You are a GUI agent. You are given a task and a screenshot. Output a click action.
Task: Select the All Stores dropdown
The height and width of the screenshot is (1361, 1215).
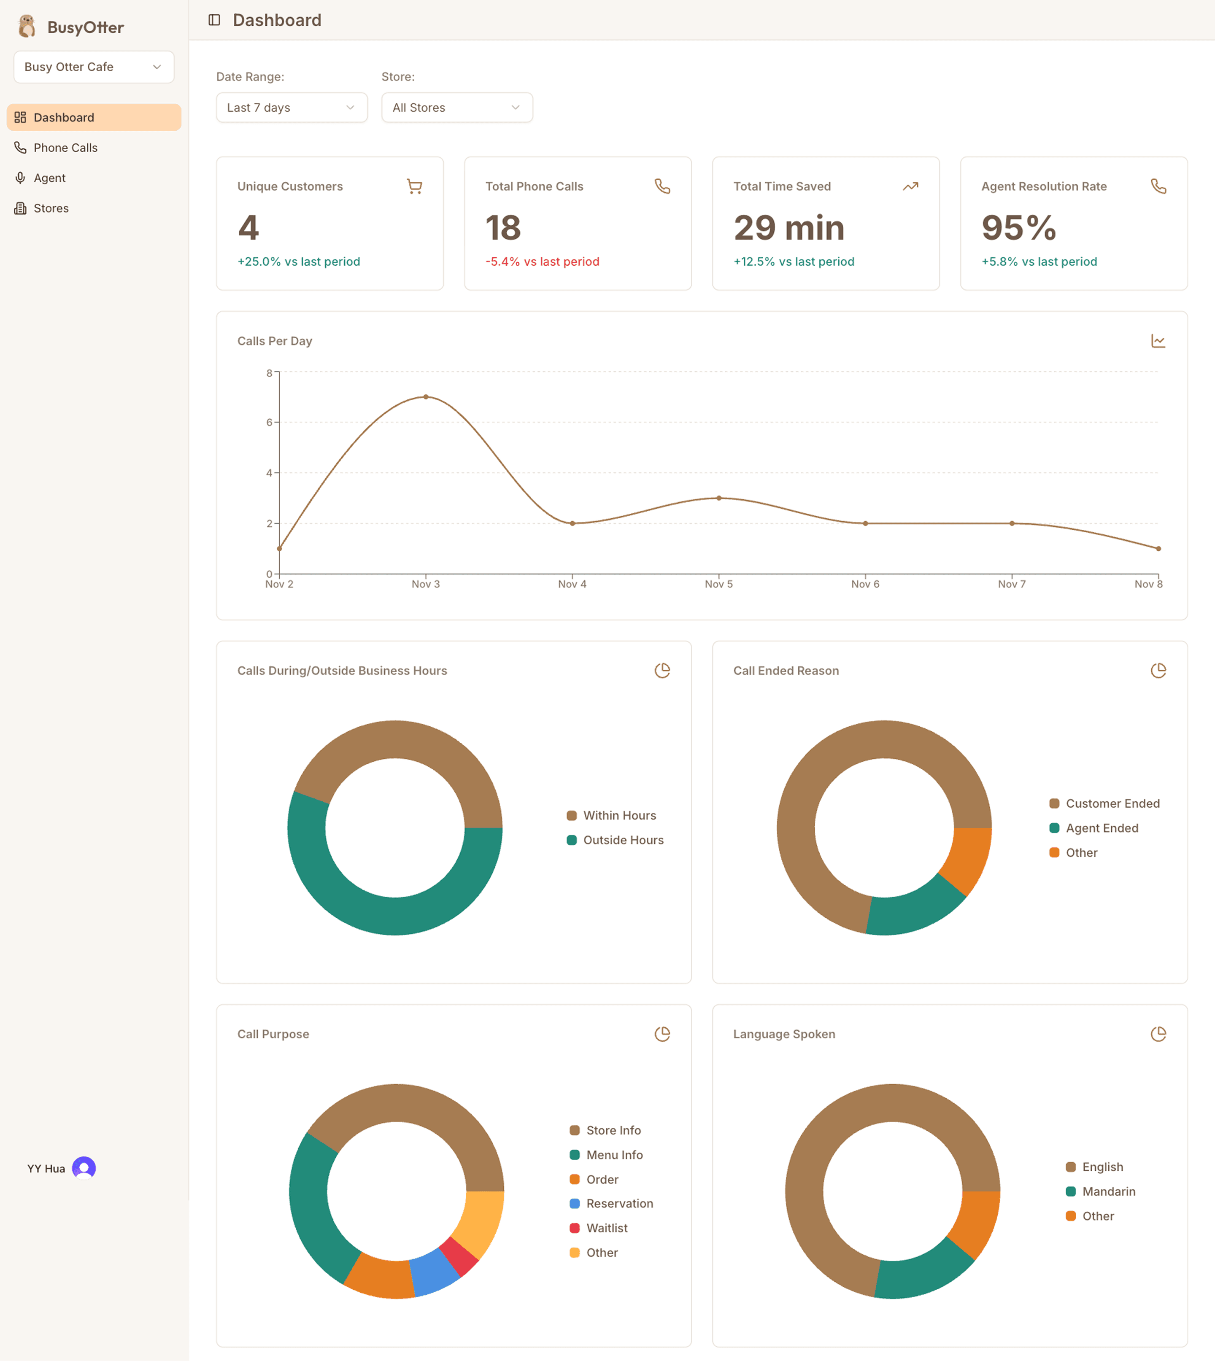click(x=456, y=108)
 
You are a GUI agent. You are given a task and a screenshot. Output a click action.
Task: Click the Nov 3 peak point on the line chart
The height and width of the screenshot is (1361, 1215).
click(x=426, y=397)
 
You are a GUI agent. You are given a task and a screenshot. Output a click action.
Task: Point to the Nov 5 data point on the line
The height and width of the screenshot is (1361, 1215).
click(x=719, y=498)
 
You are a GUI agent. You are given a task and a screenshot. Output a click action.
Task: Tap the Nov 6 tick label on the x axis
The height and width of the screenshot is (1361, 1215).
click(x=865, y=584)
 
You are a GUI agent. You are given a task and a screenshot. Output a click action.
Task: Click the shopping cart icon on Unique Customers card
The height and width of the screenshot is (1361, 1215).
click(x=415, y=186)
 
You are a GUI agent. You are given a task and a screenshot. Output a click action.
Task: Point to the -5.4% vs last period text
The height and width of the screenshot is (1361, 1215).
click(x=542, y=261)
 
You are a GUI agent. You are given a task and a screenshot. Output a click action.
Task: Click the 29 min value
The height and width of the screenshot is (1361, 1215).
click(x=788, y=228)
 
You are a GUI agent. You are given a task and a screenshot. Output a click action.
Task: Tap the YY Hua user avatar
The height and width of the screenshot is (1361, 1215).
click(x=84, y=1168)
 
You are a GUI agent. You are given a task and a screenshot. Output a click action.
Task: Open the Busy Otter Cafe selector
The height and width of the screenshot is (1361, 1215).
click(x=94, y=67)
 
